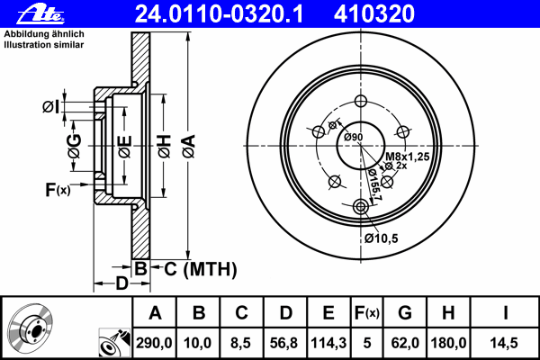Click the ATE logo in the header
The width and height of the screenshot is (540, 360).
(40, 14)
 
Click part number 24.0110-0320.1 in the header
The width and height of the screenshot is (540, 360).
(219, 14)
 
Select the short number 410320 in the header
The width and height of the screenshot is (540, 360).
(374, 14)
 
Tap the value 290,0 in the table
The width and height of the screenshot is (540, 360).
(154, 343)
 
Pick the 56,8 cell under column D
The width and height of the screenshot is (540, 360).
(283, 343)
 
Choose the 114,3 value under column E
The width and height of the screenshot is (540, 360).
(328, 343)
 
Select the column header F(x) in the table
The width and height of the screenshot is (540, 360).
(367, 313)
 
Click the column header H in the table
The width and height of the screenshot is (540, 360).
(448, 313)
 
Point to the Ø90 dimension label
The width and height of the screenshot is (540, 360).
(354, 137)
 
